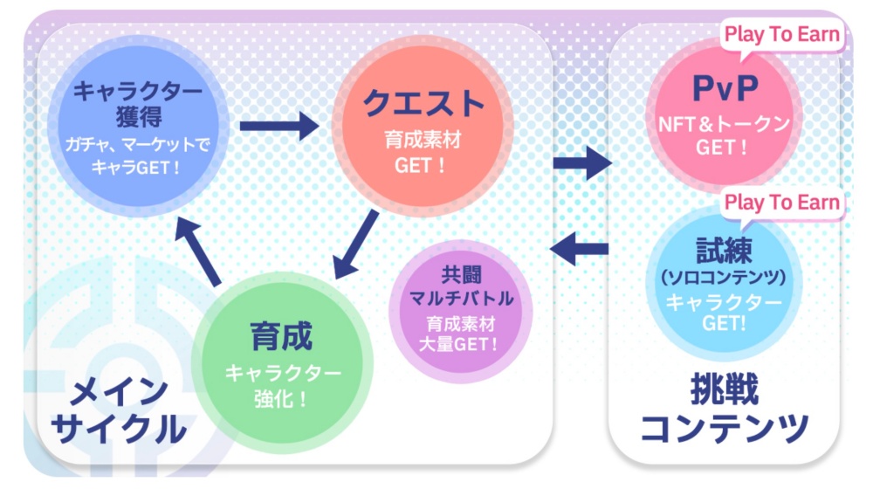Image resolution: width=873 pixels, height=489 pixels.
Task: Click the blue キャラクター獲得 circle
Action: (138, 126)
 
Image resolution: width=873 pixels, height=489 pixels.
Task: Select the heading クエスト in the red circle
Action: (423, 104)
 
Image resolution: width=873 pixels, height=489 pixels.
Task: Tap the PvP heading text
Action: (725, 88)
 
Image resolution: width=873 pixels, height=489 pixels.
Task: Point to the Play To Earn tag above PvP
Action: (781, 36)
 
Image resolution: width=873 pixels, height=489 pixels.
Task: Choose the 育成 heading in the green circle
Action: (281, 336)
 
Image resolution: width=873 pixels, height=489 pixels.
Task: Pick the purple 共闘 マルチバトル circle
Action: (460, 311)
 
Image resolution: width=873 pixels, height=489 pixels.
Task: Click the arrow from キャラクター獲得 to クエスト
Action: (279, 126)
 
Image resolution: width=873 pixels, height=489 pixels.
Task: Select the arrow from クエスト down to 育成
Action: (356, 244)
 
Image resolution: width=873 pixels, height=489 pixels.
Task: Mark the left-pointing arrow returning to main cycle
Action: (579, 248)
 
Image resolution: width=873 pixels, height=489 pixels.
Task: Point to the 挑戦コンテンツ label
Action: (725, 409)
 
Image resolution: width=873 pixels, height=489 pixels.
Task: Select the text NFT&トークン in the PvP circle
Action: (725, 124)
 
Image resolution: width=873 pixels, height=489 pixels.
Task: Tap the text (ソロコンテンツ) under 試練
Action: (723, 277)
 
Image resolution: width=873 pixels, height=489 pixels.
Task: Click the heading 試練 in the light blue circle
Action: (724, 250)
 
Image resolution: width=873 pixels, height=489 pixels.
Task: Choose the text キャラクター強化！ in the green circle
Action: (283, 385)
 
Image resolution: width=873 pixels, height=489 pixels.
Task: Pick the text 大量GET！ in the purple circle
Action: (459, 344)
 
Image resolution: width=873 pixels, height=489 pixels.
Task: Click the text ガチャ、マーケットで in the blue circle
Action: (138, 145)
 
